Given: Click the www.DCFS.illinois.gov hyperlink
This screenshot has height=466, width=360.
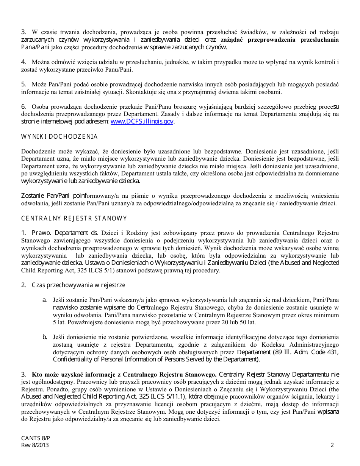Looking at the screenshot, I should [x=142, y=122].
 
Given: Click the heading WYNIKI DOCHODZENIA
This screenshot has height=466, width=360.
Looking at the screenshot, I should [x=59, y=137].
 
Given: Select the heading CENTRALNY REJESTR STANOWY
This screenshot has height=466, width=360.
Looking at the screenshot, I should [x=74, y=219].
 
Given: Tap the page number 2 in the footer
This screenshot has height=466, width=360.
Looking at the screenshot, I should [x=332, y=445].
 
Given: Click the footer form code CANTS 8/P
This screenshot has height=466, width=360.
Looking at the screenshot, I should [x=36, y=438].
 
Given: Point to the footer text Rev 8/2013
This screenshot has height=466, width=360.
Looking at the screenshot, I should [x=35, y=445].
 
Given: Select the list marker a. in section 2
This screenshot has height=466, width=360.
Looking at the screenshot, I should [x=44, y=300].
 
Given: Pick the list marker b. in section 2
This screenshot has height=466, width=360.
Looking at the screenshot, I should [x=44, y=337].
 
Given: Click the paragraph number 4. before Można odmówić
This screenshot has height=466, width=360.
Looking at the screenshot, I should [x=23, y=62].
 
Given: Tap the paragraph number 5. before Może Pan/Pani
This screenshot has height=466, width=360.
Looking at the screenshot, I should [x=23, y=84].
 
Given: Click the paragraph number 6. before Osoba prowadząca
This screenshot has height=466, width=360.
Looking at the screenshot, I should [x=23, y=106].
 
